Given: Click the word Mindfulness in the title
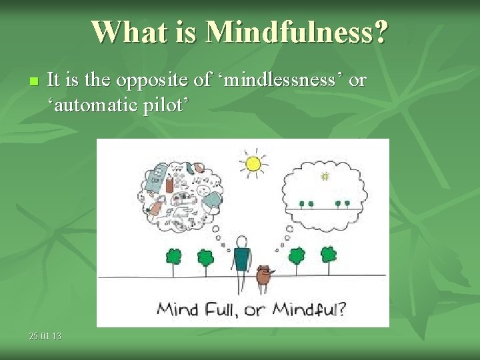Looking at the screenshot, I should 297,31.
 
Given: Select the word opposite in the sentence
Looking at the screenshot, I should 151,81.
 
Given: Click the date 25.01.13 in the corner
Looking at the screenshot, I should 45,337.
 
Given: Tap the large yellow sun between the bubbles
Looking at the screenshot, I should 253,163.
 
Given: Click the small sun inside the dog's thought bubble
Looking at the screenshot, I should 325,176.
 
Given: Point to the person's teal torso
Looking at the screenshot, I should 241,259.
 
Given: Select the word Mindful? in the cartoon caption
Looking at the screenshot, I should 310,309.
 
